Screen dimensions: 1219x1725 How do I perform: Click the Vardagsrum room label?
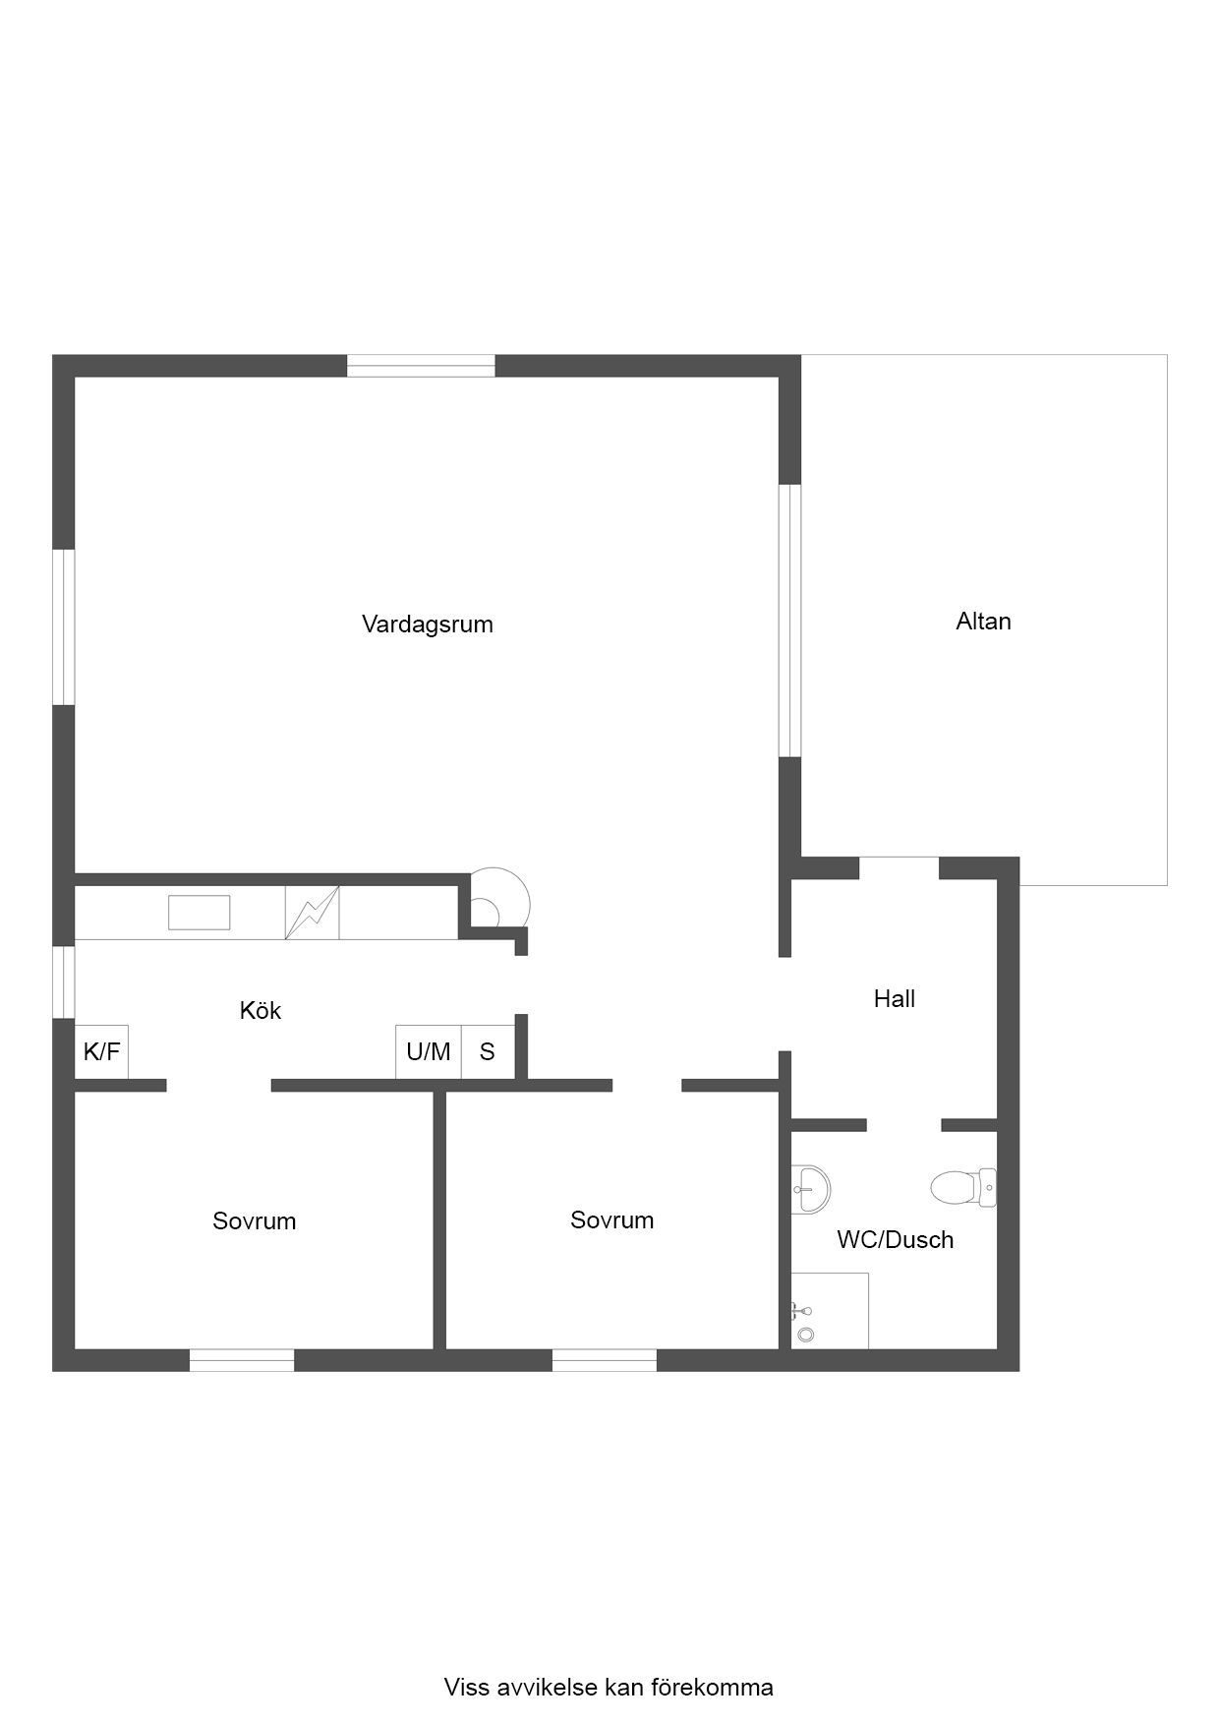pyautogui.click(x=428, y=625)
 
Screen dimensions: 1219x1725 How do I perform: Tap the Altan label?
pyautogui.click(x=983, y=622)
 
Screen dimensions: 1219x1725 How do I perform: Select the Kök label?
pyautogui.click(x=261, y=1010)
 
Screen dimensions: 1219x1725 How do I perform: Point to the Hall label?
pyautogui.click(x=895, y=999)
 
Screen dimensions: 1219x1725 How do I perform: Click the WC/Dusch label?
pyautogui.click(x=896, y=1240)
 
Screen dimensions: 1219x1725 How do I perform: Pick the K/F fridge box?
pyautogui.click(x=102, y=1051)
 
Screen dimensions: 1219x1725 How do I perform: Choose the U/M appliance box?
pyautogui.click(x=429, y=1052)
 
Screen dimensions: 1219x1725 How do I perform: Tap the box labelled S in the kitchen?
pyautogui.click(x=488, y=1052)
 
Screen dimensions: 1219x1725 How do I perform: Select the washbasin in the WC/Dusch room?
pyautogui.click(x=811, y=1188)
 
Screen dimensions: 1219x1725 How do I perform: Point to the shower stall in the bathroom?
pyautogui.click(x=830, y=1311)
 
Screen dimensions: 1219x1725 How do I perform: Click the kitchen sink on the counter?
pyautogui.click(x=200, y=913)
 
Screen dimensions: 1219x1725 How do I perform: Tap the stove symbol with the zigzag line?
pyautogui.click(x=313, y=913)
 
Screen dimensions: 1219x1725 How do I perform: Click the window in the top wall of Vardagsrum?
pyautogui.click(x=421, y=366)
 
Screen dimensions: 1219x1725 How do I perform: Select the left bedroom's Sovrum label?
pyautogui.click(x=255, y=1221)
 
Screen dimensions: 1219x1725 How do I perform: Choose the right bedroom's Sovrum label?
pyautogui.click(x=612, y=1220)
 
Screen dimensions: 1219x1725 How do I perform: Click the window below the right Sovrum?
pyautogui.click(x=605, y=1360)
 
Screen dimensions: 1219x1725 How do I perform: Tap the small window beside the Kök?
pyautogui.click(x=64, y=982)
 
